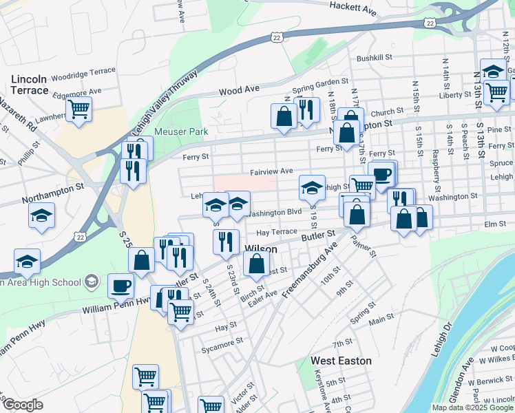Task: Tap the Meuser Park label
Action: (x=180, y=131)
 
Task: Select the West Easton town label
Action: (x=341, y=361)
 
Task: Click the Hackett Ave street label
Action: (x=353, y=8)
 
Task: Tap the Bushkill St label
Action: (x=374, y=58)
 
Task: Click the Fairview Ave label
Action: (x=271, y=171)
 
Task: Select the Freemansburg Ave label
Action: (x=311, y=268)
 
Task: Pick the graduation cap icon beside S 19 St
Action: (x=312, y=187)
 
